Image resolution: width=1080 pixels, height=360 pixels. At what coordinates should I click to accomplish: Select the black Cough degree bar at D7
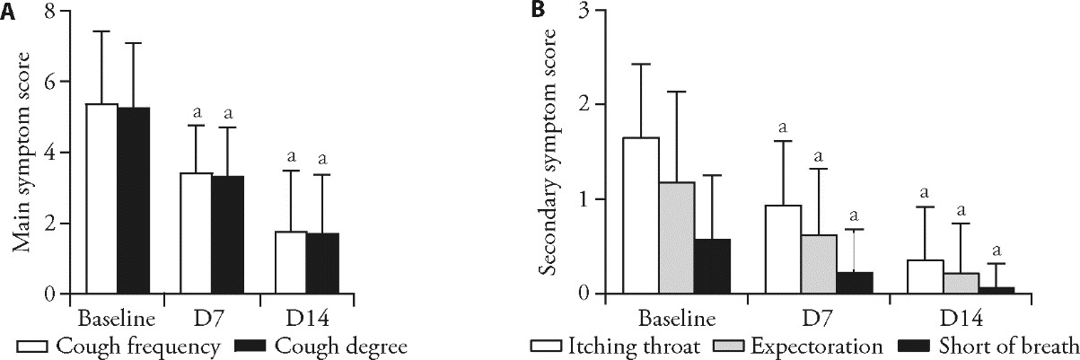(227, 234)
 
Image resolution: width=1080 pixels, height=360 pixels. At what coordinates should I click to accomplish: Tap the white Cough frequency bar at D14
(289, 262)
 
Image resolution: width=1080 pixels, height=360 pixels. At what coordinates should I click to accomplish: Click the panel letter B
(537, 10)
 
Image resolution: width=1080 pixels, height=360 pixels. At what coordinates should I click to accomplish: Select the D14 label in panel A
(290, 319)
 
